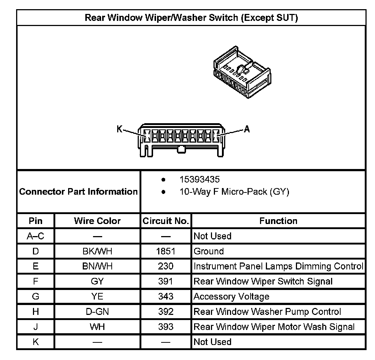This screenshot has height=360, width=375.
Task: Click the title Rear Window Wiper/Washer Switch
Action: tap(191, 18)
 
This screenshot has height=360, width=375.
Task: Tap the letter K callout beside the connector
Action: tap(119, 129)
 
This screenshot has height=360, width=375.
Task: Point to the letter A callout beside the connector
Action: tap(247, 129)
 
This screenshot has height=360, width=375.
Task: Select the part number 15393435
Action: tap(200, 180)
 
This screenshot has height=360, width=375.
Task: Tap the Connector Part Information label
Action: tap(78, 192)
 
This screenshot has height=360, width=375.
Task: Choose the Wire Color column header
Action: tap(97, 221)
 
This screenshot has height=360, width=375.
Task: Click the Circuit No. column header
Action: tap(166, 221)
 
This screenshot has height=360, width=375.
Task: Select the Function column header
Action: tap(278, 221)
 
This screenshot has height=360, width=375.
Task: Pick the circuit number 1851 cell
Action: tap(166, 251)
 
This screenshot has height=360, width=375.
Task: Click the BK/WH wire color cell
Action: tap(97, 251)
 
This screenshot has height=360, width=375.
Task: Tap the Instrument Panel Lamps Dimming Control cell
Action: tap(278, 267)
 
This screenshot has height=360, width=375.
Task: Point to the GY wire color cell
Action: tap(97, 282)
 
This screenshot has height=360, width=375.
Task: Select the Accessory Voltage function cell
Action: tap(231, 297)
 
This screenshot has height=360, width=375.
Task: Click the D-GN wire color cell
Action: tap(97, 312)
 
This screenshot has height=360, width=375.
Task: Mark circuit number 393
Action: tap(166, 327)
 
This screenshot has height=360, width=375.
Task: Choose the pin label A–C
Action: tap(36, 236)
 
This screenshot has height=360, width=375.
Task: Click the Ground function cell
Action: tap(208, 251)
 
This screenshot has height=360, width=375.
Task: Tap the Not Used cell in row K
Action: tap(212, 342)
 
